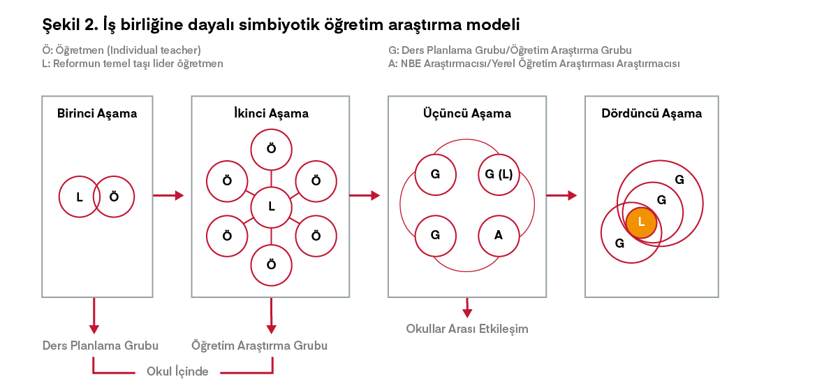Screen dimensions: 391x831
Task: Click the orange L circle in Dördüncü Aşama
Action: pyautogui.click(x=641, y=222)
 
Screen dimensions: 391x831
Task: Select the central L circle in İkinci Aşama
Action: pyautogui.click(x=271, y=206)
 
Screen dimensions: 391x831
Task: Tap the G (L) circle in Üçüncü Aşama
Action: pyautogui.click(x=499, y=174)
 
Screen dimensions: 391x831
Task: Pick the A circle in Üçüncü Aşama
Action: pyautogui.click(x=499, y=235)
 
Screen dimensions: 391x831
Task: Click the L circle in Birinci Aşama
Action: pyautogui.click(x=80, y=197)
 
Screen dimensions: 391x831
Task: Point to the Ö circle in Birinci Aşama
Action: pyautogui.click(x=115, y=197)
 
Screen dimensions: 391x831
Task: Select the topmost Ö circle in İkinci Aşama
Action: pyautogui.click(x=271, y=149)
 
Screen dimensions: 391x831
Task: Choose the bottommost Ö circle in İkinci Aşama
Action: pyautogui.click(x=271, y=264)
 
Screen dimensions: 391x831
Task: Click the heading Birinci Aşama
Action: pyautogui.click(x=97, y=113)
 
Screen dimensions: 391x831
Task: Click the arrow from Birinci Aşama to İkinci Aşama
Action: pyautogui.click(x=168, y=196)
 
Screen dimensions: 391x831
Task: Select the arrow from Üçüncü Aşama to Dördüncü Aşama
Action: pyautogui.click(x=561, y=196)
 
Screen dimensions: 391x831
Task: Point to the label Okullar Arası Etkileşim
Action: pyautogui.click(x=467, y=329)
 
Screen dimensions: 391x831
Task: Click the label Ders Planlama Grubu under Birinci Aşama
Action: pyautogui.click(x=101, y=346)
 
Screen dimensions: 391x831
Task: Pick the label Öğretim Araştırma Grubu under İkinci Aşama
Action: pyautogui.click(x=259, y=346)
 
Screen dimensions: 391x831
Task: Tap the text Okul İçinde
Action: pyautogui.click(x=177, y=371)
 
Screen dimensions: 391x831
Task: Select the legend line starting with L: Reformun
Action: pyautogui.click(x=133, y=64)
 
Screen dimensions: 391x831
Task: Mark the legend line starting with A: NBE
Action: pyautogui.click(x=534, y=64)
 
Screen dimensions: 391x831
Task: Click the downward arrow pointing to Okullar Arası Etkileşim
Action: pyautogui.click(x=467, y=308)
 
